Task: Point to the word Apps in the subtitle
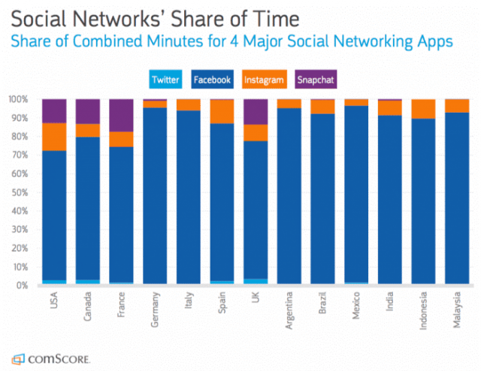(436, 42)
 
